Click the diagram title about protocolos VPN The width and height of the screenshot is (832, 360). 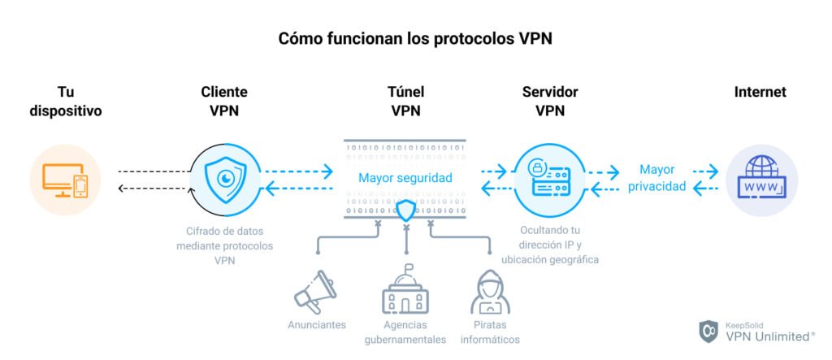[x=415, y=38]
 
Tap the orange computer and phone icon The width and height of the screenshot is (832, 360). [x=66, y=180]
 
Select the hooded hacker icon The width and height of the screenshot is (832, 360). [x=490, y=293]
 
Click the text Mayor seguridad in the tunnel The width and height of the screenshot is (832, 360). [x=405, y=178]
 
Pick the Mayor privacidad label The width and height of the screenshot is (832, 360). [x=656, y=178]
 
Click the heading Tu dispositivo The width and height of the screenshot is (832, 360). [x=66, y=102]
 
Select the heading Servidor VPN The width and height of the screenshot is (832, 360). [x=549, y=102]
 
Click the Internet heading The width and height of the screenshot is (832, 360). [x=760, y=93]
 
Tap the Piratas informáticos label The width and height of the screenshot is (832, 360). [x=490, y=332]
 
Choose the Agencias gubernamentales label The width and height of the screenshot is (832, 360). [x=405, y=332]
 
